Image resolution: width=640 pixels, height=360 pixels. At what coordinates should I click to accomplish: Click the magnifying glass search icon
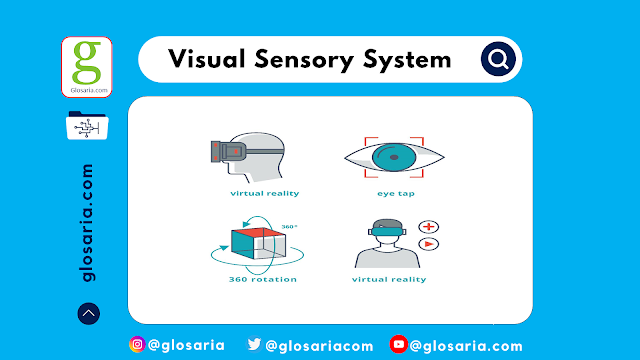496,59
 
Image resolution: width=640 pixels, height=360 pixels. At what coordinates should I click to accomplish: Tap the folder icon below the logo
87,128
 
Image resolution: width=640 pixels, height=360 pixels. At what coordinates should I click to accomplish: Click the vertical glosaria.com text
88,222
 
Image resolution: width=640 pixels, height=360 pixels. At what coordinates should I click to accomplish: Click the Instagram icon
138,345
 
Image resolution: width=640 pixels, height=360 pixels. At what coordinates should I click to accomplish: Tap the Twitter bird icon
255,345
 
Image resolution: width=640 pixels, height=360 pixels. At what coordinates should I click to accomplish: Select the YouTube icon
398,345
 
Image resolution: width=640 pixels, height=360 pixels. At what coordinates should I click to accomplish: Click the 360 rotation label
262,279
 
